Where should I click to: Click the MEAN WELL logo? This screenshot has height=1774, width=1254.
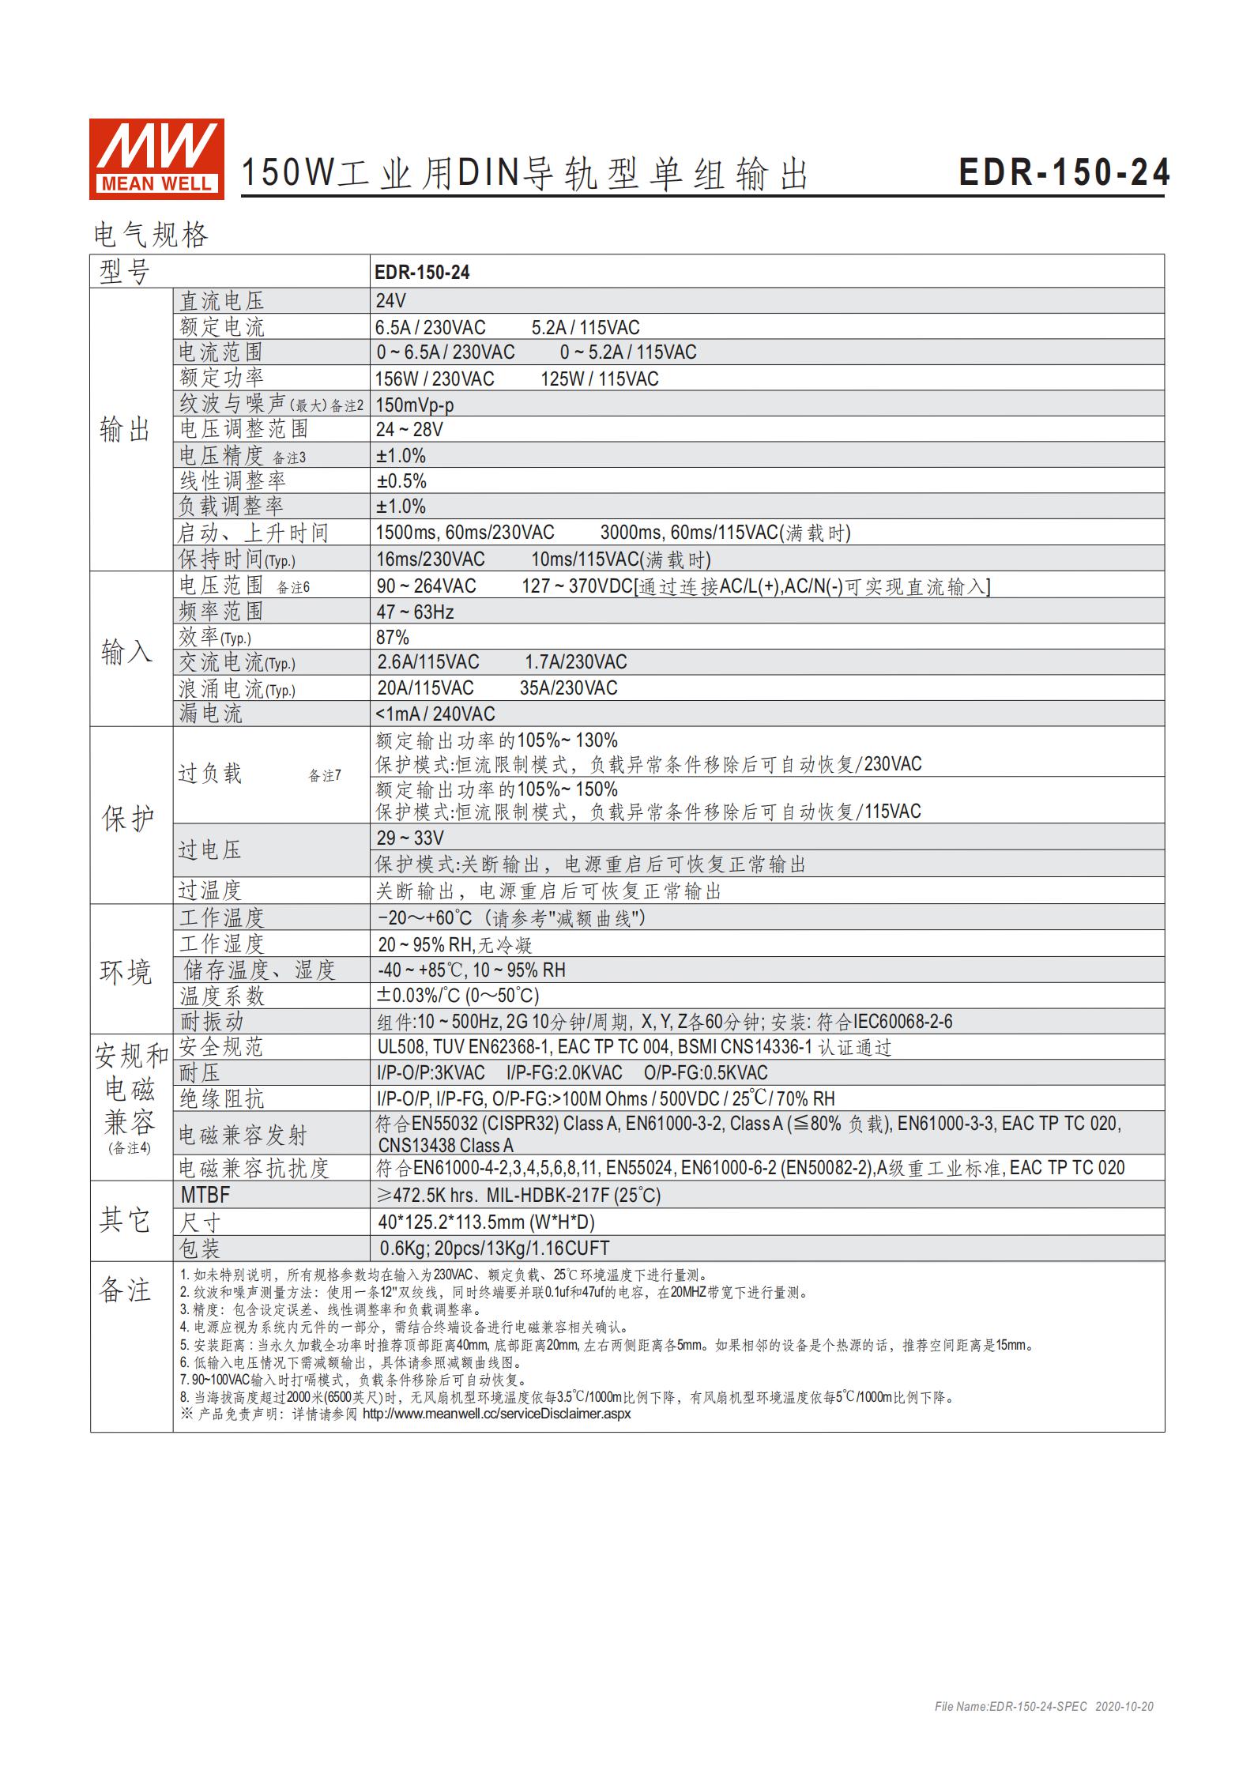156,158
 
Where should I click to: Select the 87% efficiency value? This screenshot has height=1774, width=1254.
393,637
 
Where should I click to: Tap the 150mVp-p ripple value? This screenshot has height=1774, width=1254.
415,405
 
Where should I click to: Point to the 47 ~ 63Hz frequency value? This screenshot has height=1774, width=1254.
415,612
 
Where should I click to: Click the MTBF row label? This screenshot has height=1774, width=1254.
205,1195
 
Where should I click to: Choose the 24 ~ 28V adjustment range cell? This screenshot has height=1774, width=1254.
409,430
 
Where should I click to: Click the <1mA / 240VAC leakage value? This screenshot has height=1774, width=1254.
435,714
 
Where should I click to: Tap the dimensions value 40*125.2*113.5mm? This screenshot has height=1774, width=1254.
486,1222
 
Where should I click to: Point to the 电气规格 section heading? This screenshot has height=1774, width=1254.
151,235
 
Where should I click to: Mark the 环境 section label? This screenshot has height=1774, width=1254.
126,971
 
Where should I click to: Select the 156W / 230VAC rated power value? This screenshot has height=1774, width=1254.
435,379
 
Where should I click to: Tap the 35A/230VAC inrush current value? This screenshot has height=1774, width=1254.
568,688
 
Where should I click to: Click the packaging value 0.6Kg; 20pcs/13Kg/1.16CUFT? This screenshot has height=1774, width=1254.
494,1249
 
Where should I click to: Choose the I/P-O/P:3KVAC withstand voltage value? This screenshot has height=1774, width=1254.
431,1073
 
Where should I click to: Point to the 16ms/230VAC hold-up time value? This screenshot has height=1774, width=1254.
430,559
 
